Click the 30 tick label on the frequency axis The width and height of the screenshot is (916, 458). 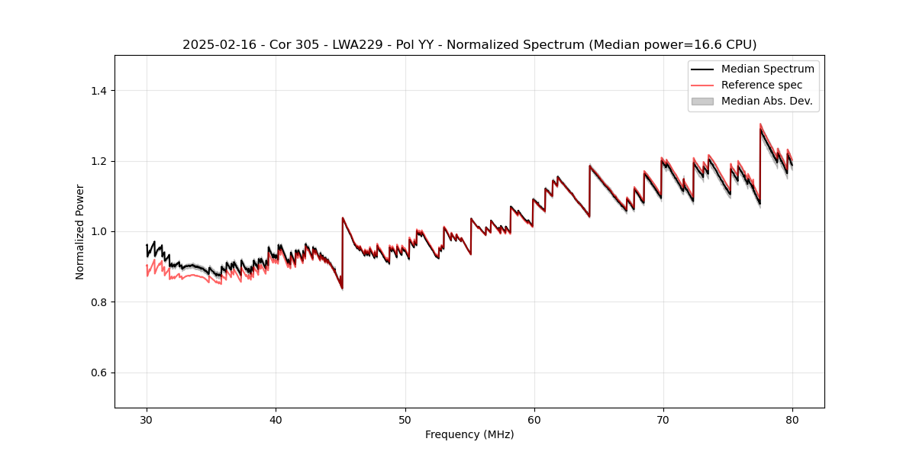[147, 419]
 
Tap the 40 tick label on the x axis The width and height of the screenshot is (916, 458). [276, 419]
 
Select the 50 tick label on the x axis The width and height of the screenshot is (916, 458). [405, 419]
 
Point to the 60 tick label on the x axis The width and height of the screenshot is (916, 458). [534, 419]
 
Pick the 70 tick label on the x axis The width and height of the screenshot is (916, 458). [663, 419]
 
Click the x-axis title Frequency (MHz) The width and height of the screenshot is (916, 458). [469, 434]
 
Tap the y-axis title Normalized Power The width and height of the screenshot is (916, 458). [80, 231]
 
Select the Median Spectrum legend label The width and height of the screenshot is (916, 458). [767, 69]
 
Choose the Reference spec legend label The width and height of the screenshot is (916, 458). [762, 85]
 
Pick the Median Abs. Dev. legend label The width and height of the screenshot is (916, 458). [766, 101]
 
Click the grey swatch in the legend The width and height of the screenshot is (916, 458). [702, 101]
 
